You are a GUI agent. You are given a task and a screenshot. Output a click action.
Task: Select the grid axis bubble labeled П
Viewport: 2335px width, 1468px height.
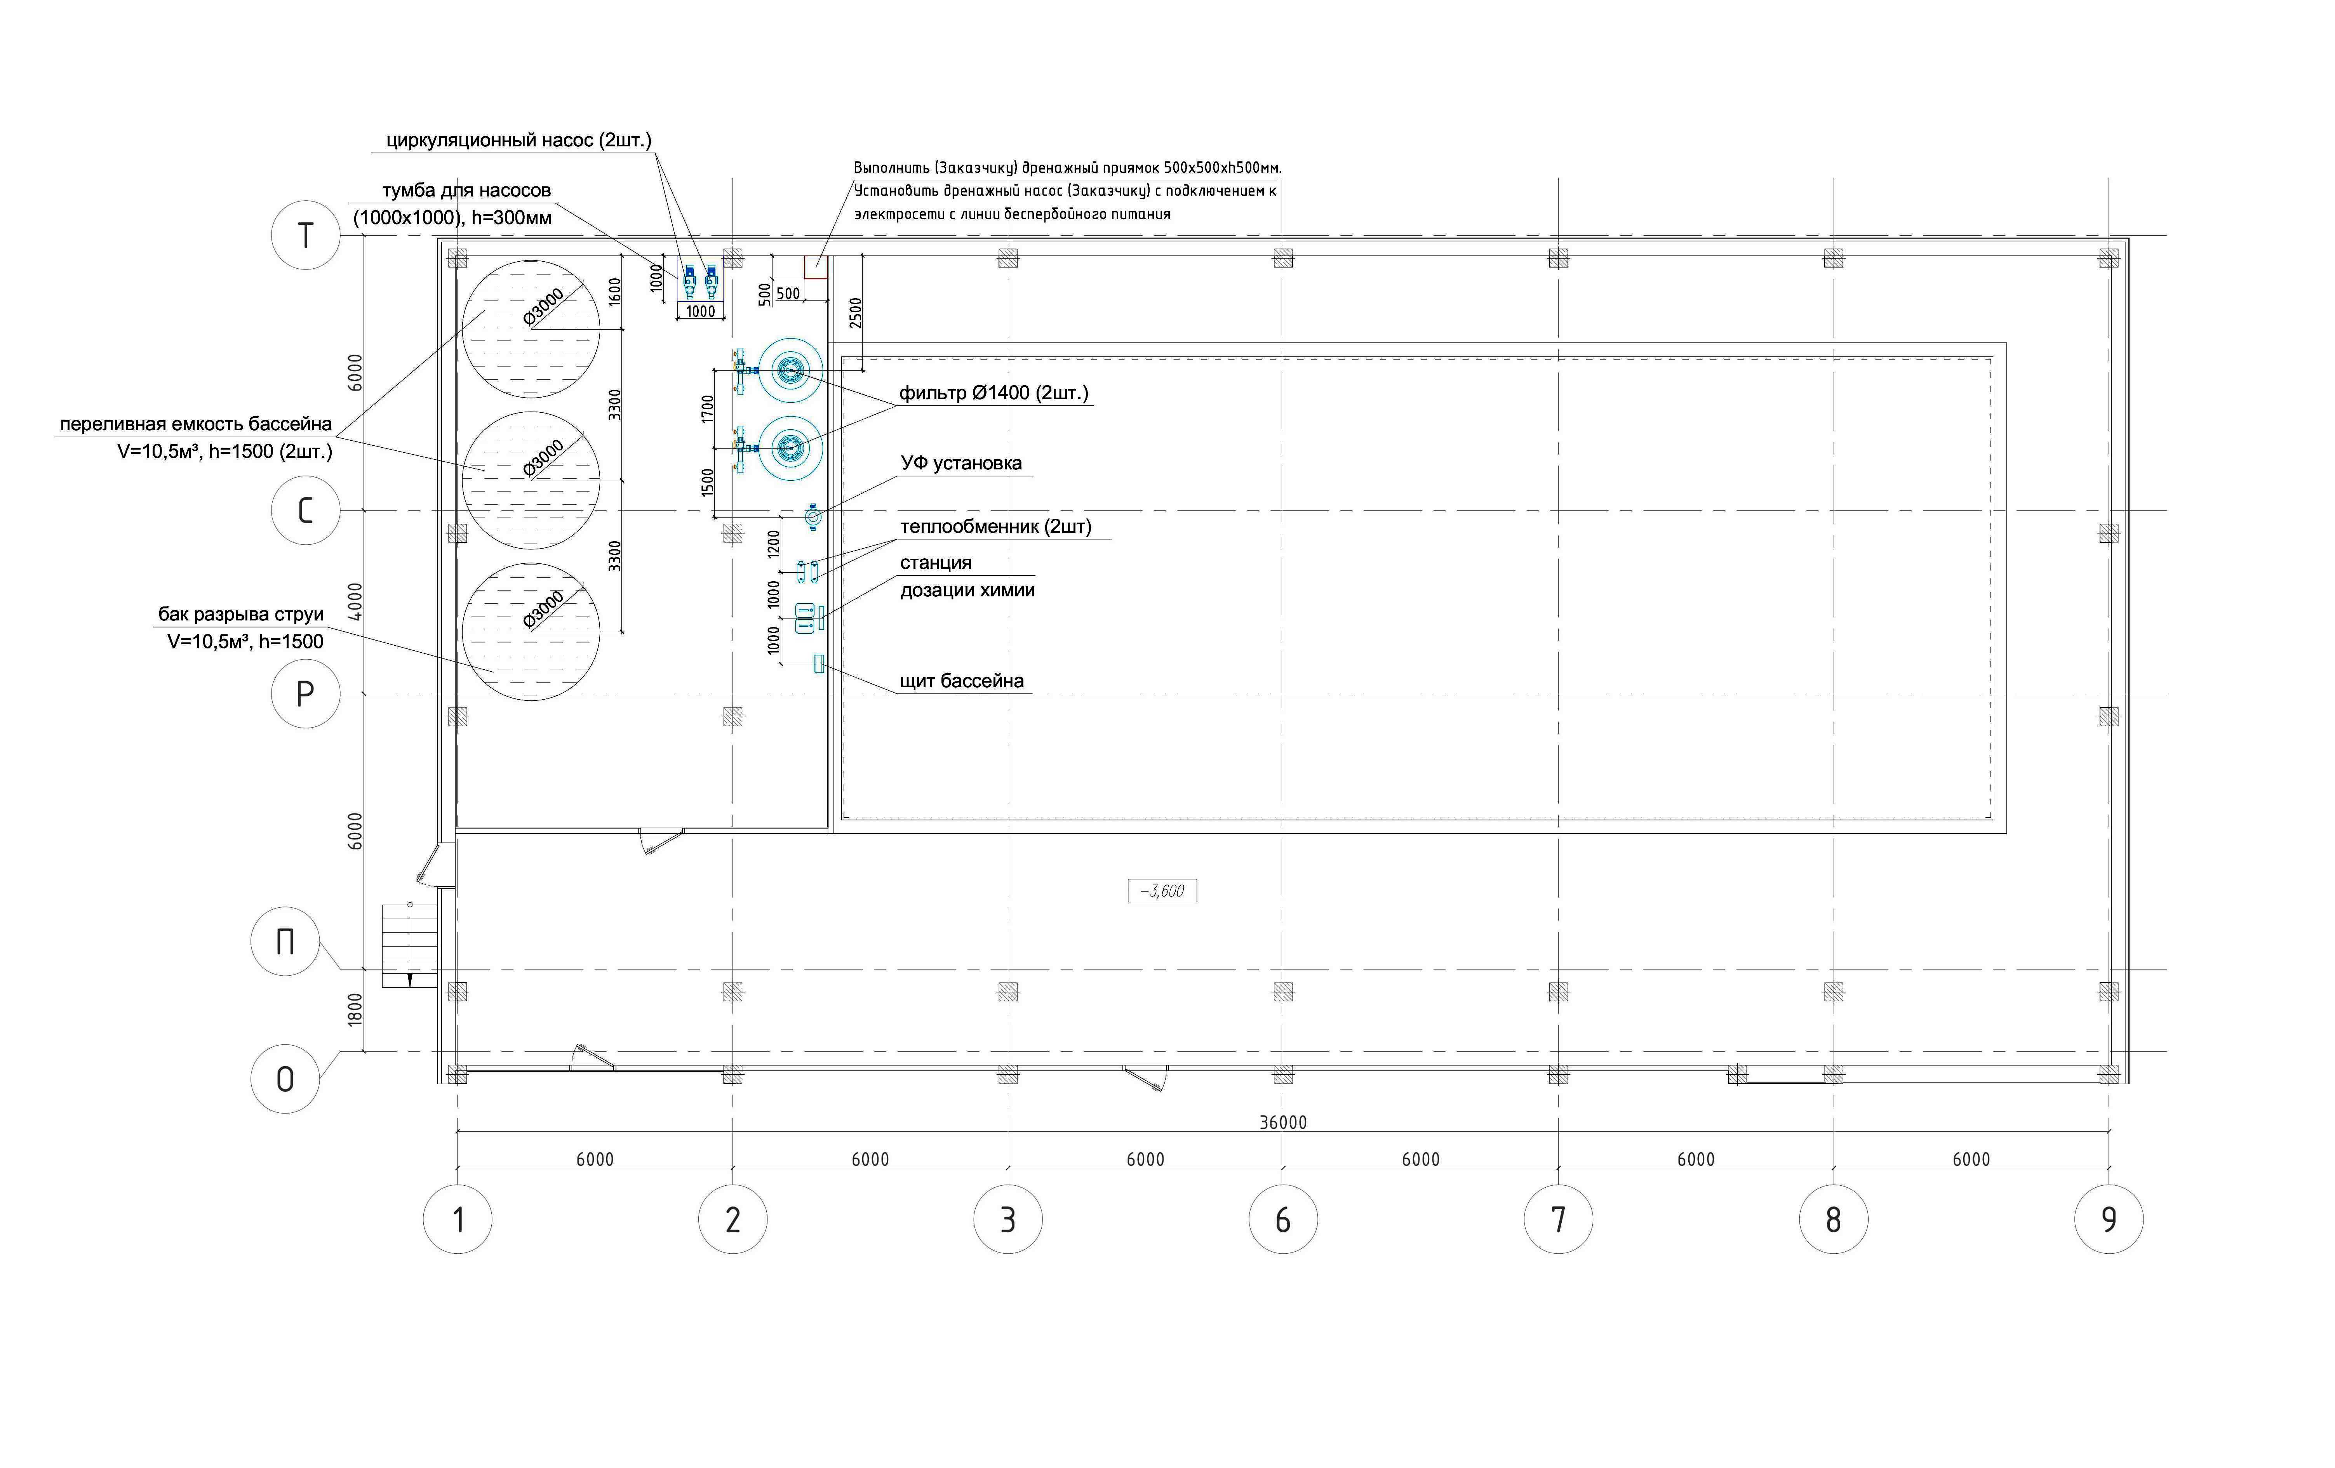[x=285, y=940]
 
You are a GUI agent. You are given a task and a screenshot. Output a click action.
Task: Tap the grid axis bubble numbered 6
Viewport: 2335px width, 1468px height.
[x=1283, y=1219]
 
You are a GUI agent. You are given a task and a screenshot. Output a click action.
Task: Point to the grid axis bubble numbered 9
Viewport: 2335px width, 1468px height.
[x=2109, y=1219]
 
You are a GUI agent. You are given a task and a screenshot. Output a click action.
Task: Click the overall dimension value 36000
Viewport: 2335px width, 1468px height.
[x=1283, y=1122]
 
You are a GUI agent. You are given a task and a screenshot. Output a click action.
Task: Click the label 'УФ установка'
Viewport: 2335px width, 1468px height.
[x=961, y=464]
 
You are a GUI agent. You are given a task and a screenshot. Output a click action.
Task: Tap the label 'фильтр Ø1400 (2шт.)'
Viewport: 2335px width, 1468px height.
[x=994, y=393]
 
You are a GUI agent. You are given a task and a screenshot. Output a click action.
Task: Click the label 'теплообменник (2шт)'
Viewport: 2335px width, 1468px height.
[x=996, y=526]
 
